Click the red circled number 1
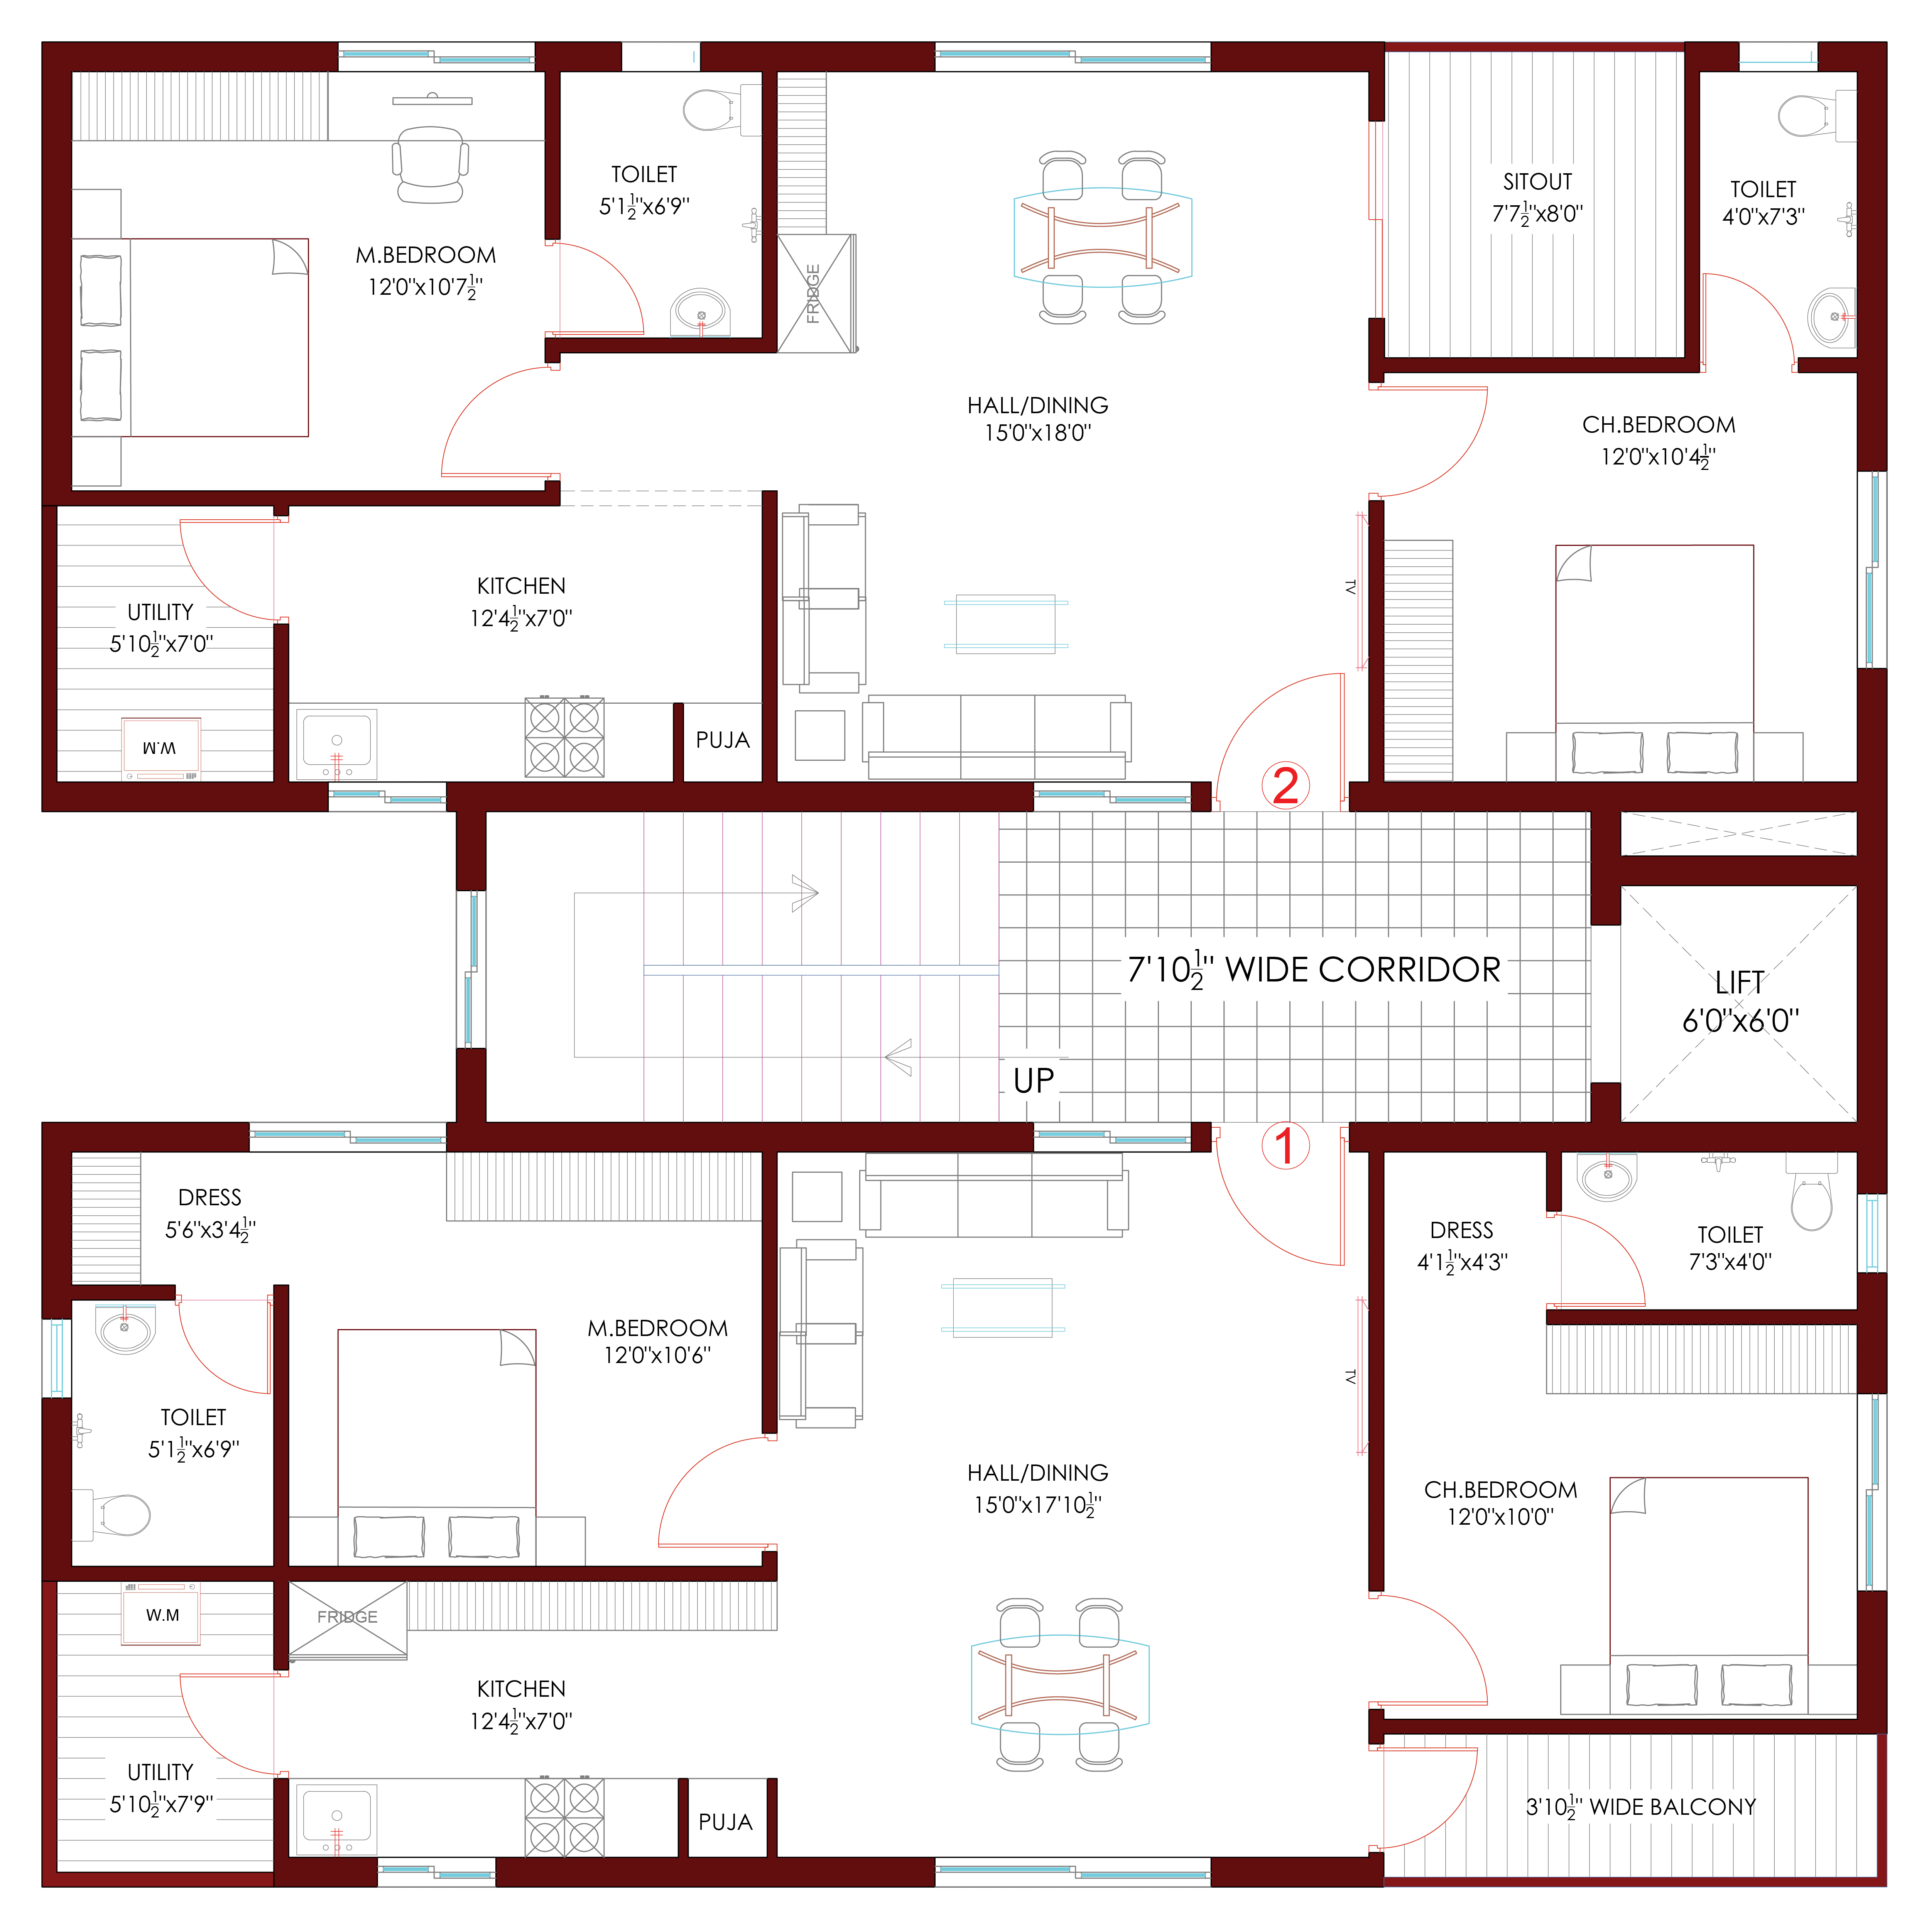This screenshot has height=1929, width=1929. (1285, 1146)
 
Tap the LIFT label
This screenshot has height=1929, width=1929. (1739, 983)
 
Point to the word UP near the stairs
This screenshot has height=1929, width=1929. (1034, 1080)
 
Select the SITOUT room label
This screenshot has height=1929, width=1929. (1538, 182)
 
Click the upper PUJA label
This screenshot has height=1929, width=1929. (723, 740)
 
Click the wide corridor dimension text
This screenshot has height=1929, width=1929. (1314, 970)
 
